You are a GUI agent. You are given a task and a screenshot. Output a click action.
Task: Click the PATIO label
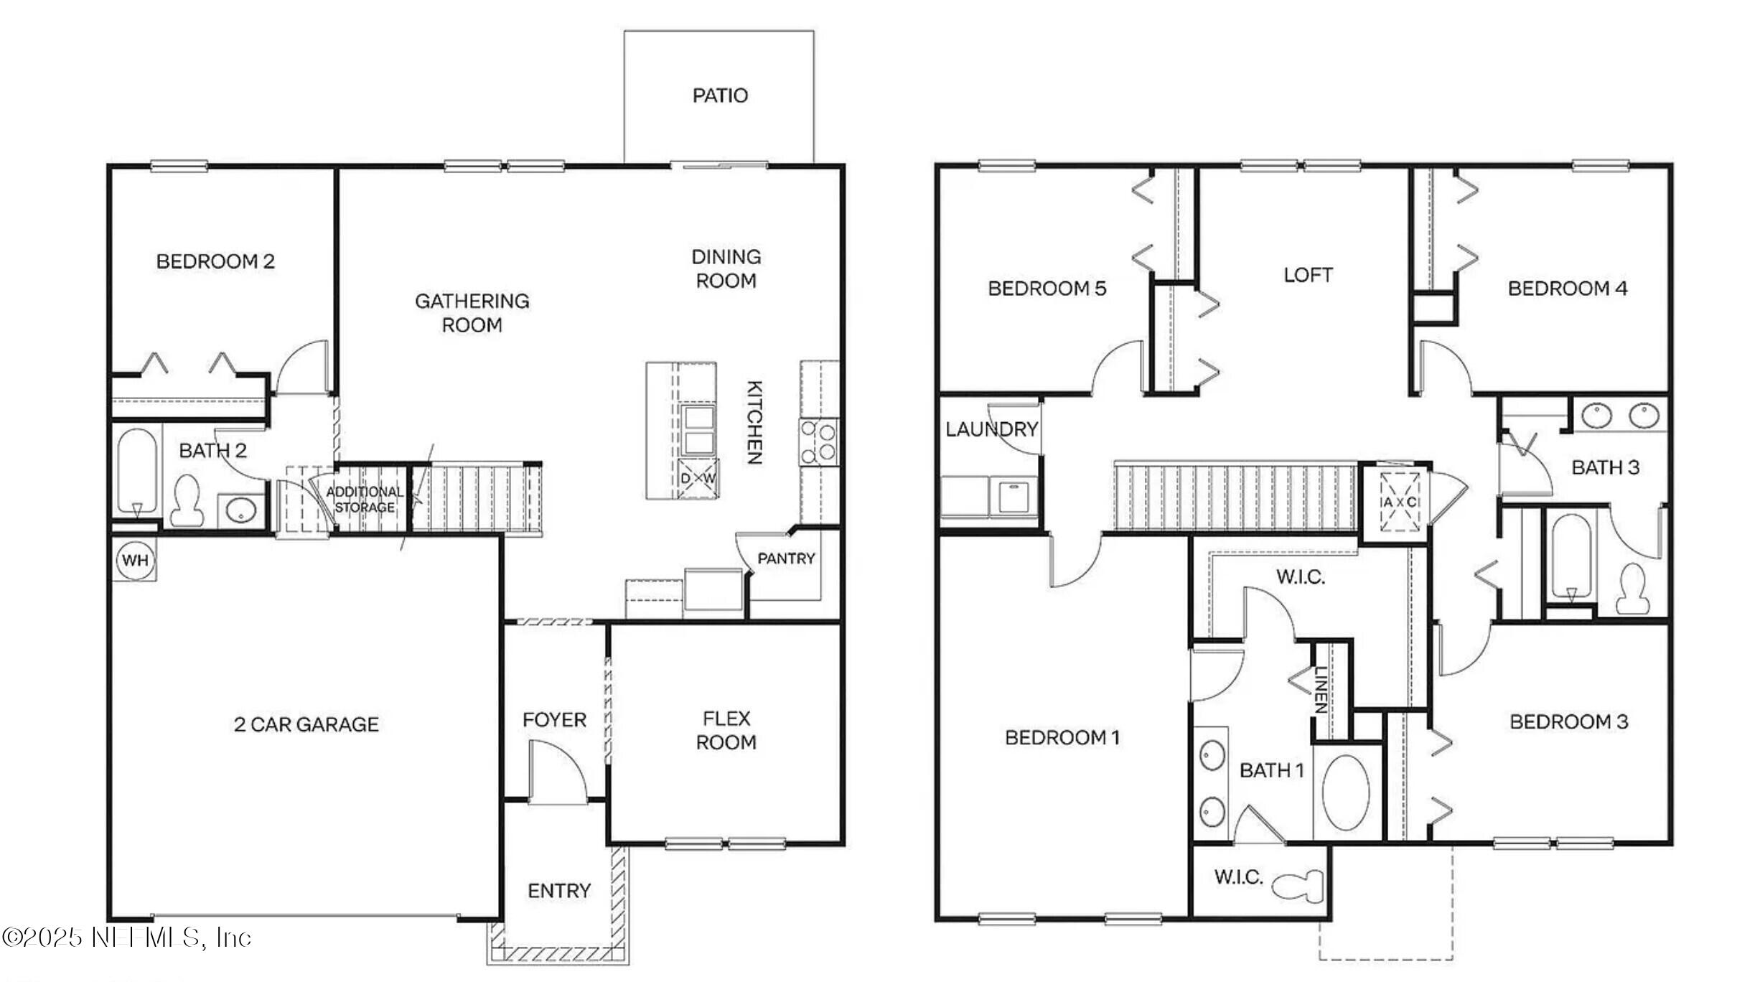click(x=720, y=95)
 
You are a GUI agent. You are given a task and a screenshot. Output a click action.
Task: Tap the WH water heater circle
click(x=135, y=560)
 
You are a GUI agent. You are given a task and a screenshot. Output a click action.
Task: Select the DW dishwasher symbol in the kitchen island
click(x=698, y=478)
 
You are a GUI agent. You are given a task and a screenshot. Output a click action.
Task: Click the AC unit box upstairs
click(x=1400, y=502)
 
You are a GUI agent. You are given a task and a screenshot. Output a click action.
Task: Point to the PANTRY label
click(x=786, y=558)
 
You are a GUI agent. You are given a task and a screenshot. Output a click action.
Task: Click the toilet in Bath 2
click(x=188, y=500)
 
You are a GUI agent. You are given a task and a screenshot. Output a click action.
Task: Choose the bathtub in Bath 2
click(x=136, y=469)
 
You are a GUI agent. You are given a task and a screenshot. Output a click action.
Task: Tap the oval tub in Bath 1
click(x=1346, y=792)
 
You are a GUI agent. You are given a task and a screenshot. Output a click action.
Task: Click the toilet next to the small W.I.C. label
click(x=1299, y=885)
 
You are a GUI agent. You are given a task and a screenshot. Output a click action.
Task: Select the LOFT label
click(x=1308, y=275)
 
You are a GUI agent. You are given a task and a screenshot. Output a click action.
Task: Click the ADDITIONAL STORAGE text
click(x=365, y=500)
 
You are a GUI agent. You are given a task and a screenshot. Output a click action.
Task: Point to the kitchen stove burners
click(x=819, y=442)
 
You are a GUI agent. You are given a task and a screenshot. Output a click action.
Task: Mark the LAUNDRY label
click(x=991, y=429)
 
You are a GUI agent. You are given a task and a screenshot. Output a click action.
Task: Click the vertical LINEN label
click(x=1320, y=689)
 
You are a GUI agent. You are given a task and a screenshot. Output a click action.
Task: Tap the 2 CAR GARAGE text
click(x=306, y=724)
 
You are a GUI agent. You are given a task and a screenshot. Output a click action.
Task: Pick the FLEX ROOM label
click(x=726, y=730)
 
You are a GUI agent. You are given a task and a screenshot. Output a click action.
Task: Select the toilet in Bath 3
click(x=1633, y=589)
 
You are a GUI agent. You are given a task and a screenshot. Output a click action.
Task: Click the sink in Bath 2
click(x=240, y=511)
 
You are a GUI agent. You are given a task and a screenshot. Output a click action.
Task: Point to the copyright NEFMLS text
click(x=126, y=937)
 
